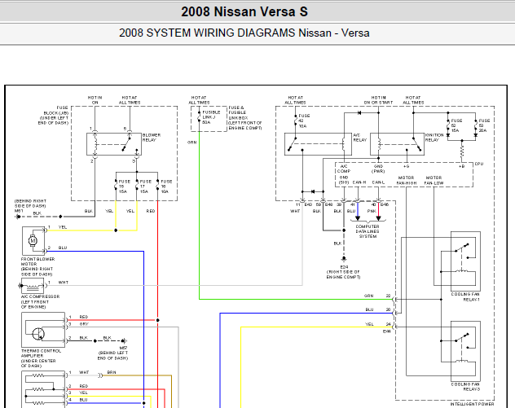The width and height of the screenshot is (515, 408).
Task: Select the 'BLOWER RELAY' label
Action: click(151, 137)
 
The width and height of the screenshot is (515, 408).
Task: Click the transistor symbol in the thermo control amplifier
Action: click(37, 332)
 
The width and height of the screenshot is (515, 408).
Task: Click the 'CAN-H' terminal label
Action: click(359, 182)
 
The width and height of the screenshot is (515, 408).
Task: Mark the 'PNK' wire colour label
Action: click(372, 210)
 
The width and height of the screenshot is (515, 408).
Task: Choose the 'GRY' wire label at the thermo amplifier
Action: click(84, 323)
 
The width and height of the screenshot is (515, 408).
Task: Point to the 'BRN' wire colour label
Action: click(112, 373)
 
